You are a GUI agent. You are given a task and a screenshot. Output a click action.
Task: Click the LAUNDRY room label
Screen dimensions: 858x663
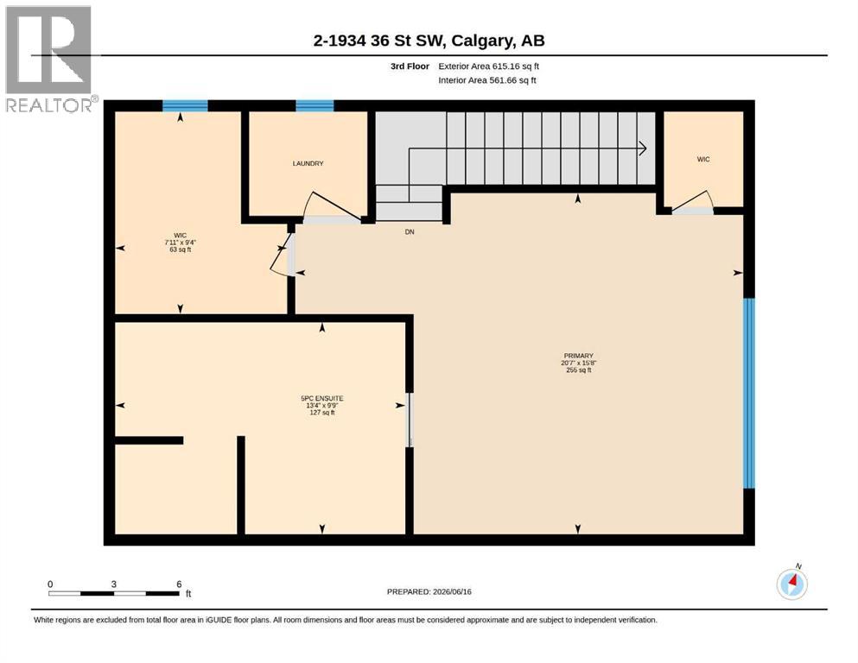point(308,163)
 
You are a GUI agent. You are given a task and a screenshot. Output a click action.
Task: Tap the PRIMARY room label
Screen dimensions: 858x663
point(578,356)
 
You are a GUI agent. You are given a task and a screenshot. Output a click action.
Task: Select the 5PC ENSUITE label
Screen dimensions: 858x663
point(322,399)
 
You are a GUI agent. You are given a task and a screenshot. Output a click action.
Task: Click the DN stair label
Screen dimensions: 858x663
point(410,231)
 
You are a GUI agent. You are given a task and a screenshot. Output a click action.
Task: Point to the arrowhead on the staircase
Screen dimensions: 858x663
point(643,148)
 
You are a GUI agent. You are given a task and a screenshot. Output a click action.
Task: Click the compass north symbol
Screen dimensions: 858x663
point(791,584)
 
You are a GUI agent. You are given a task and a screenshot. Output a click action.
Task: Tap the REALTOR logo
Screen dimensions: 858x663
point(49,59)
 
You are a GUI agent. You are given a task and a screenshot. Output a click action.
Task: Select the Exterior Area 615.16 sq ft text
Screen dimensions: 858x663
point(489,66)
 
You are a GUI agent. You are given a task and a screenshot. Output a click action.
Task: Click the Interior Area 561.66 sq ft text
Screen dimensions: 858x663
point(487,80)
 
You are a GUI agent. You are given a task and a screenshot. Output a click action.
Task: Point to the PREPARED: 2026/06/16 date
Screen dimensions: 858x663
point(429,591)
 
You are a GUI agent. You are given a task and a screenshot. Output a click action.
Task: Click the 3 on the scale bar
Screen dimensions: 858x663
point(114,584)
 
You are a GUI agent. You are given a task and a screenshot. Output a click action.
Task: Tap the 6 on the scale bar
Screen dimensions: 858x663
point(179,584)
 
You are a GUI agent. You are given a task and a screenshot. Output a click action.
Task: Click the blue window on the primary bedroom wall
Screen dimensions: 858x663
point(749,393)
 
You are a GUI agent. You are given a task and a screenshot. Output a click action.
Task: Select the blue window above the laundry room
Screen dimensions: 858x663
point(315,105)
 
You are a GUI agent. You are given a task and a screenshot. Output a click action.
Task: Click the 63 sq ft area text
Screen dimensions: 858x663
point(180,249)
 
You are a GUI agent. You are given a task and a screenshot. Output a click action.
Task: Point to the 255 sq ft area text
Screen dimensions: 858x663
point(578,370)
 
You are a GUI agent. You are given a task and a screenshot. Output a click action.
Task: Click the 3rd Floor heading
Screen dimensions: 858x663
point(410,66)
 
